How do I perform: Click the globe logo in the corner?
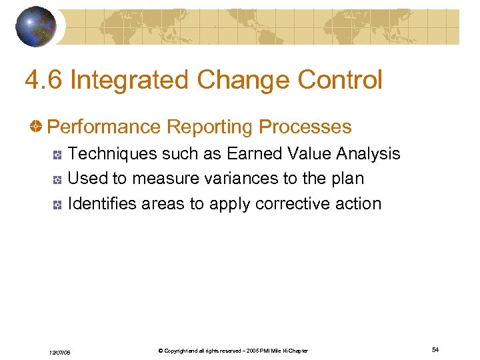pyautogui.click(x=35, y=27)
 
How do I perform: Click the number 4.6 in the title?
pyautogui.click(x=43, y=81)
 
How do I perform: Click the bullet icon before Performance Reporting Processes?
pyautogui.click(x=39, y=127)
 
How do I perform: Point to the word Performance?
pyautogui.click(x=104, y=127)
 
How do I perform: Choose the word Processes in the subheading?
pyautogui.click(x=305, y=127)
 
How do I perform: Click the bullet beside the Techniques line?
pyautogui.click(x=59, y=155)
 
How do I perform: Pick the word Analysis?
pyautogui.click(x=368, y=154)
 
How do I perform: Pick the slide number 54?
pyautogui.click(x=435, y=350)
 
